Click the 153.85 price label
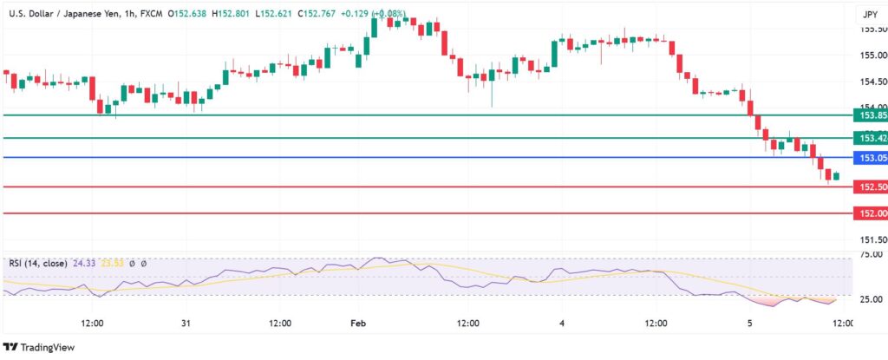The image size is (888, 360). click(871, 115)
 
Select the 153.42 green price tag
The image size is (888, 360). click(871, 138)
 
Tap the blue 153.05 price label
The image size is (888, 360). click(871, 158)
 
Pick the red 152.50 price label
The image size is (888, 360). click(871, 187)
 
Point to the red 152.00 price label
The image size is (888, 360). click(871, 213)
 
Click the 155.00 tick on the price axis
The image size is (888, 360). click(872, 56)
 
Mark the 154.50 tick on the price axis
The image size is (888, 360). click(872, 82)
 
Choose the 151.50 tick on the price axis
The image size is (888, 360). click(872, 239)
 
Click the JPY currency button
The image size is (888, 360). click(870, 14)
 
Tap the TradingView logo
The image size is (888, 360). click(40, 348)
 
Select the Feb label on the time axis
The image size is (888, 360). click(359, 324)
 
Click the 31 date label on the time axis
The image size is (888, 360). click(186, 324)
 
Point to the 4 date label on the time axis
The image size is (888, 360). click(562, 324)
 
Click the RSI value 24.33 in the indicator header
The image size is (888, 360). click(89, 263)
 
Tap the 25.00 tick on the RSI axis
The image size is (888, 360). click(871, 299)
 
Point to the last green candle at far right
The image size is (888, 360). click(836, 176)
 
